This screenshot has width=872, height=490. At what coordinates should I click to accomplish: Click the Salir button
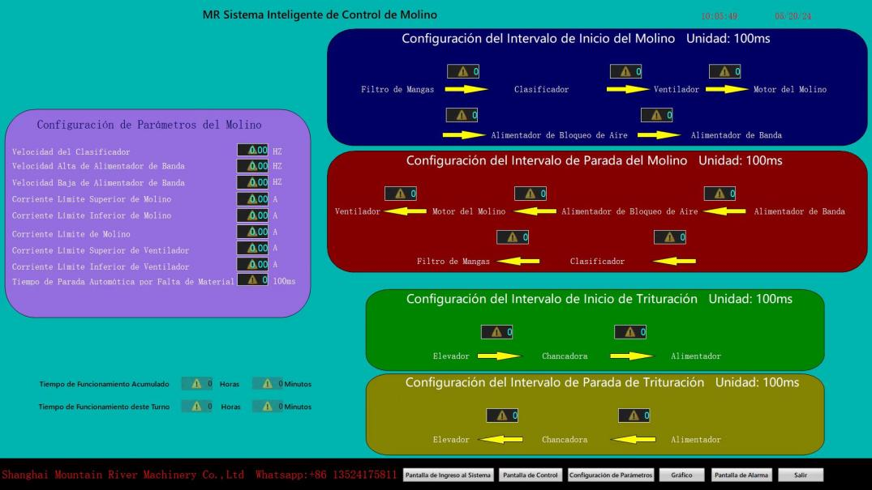[801, 475]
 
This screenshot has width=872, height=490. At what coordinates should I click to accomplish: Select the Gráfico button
[681, 475]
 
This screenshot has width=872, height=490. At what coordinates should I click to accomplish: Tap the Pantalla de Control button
[530, 475]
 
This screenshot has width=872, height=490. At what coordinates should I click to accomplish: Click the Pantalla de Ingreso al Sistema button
[448, 475]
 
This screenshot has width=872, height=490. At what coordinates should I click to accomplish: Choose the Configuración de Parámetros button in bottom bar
[611, 475]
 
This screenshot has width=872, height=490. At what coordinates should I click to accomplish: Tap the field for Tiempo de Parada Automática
[253, 280]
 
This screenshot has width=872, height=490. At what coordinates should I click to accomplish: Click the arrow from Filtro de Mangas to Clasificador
[466, 89]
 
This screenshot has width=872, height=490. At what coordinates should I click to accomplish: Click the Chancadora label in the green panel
[565, 356]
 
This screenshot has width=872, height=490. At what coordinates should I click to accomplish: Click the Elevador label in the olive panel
[452, 440]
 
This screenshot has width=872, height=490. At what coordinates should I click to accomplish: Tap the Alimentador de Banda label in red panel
[799, 212]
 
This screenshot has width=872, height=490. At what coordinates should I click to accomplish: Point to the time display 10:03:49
[720, 15]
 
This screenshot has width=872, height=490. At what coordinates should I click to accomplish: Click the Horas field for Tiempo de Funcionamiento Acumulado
[196, 384]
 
